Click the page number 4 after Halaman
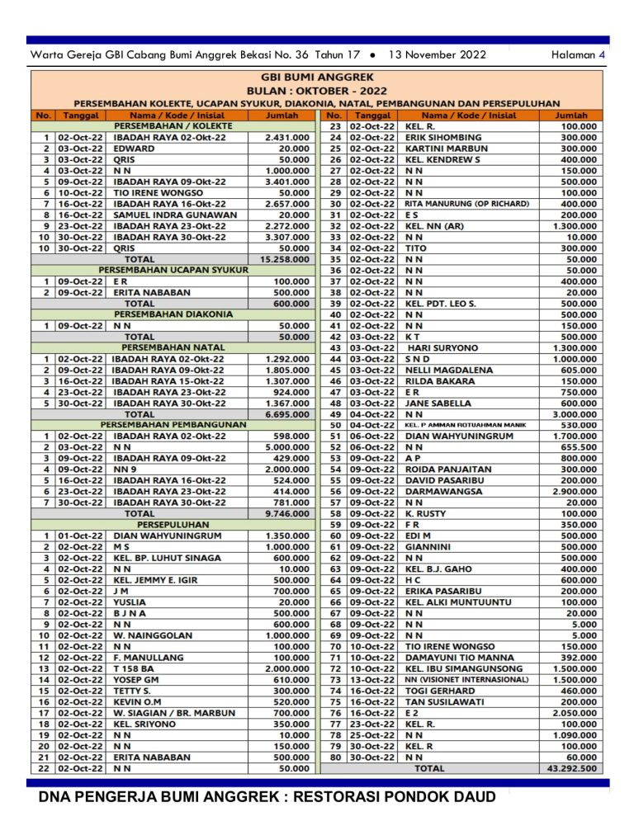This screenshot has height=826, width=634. click(x=602, y=54)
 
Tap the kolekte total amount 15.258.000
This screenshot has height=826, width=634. click(x=286, y=259)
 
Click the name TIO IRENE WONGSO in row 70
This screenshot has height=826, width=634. click(x=450, y=646)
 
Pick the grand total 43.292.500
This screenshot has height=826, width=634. click(x=575, y=768)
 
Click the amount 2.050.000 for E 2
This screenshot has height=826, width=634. click(x=576, y=713)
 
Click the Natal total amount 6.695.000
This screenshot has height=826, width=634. click(x=286, y=414)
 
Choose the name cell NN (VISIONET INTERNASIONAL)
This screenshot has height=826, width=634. click(x=466, y=679)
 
